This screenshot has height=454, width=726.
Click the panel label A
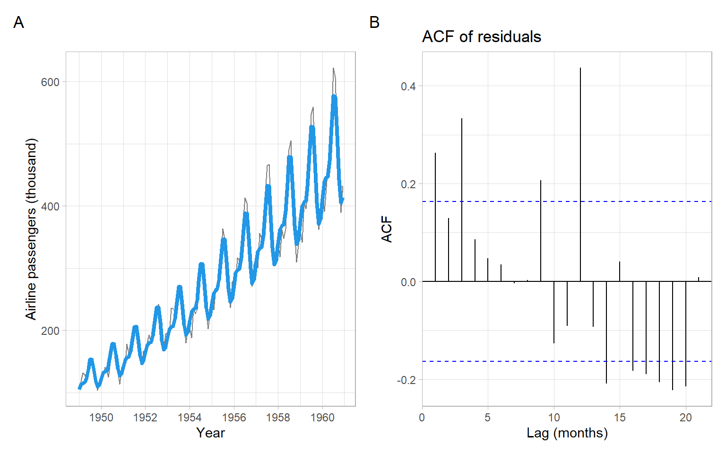coord(18,22)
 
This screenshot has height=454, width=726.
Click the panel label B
coord(374,22)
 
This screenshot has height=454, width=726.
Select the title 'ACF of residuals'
coord(481,37)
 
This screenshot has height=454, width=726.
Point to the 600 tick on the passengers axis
coord(50,82)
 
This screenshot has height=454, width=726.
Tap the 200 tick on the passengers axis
coord(50,331)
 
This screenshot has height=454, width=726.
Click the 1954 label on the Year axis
coord(190,418)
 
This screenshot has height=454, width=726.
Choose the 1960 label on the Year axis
coord(322,418)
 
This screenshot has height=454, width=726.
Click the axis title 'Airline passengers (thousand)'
coord(31,229)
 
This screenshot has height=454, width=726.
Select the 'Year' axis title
coord(210,433)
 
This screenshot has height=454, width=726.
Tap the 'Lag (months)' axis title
coord(567,433)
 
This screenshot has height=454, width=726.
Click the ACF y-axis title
coord(387,229)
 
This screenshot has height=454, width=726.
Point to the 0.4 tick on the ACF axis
coord(408,87)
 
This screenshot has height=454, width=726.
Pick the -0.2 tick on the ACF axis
coord(407,380)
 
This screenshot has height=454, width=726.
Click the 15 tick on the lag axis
coord(620,418)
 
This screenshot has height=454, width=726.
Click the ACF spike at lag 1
coord(435,218)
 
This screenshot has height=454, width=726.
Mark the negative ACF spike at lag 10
coord(554,312)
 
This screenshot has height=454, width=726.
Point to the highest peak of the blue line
coord(334,97)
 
